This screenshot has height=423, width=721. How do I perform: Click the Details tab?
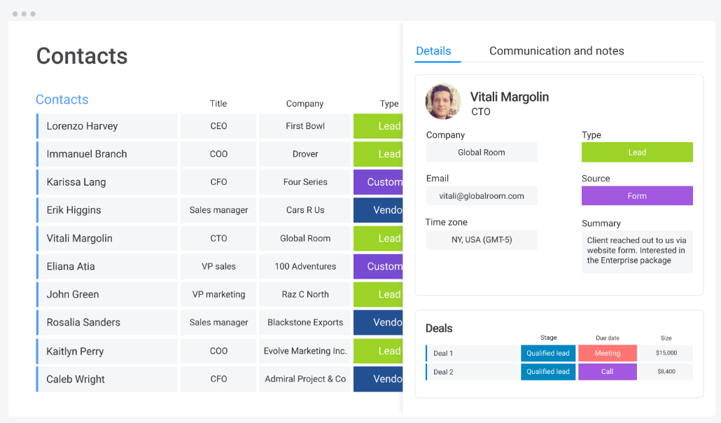[433, 51]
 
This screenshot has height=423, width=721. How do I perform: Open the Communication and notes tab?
[556, 51]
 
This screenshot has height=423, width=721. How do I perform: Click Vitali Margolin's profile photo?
[443, 102]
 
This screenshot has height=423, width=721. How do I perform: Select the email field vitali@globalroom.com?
[482, 196]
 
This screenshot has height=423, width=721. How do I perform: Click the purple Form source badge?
[637, 196]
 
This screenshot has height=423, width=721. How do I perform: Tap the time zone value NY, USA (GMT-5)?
[482, 240]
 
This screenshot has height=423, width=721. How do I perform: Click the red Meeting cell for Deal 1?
[608, 354]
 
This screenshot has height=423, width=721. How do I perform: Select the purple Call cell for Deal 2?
[608, 372]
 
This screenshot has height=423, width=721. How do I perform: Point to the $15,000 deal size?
[666, 354]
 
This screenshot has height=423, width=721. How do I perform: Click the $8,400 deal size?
[666, 372]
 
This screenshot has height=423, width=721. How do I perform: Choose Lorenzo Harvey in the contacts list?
[82, 127]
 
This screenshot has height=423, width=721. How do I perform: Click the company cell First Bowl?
[304, 127]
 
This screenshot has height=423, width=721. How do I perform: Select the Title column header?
[218, 104]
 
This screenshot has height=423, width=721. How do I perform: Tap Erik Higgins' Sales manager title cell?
[218, 210]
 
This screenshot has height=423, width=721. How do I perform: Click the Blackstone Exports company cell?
[304, 323]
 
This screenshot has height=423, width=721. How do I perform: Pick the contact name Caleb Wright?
[76, 380]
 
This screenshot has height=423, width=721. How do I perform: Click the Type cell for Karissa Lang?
[379, 182]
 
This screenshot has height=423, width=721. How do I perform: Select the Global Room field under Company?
[482, 153]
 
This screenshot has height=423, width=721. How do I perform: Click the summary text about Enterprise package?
[636, 251]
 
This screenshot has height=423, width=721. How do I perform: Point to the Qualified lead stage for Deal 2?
[548, 372]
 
